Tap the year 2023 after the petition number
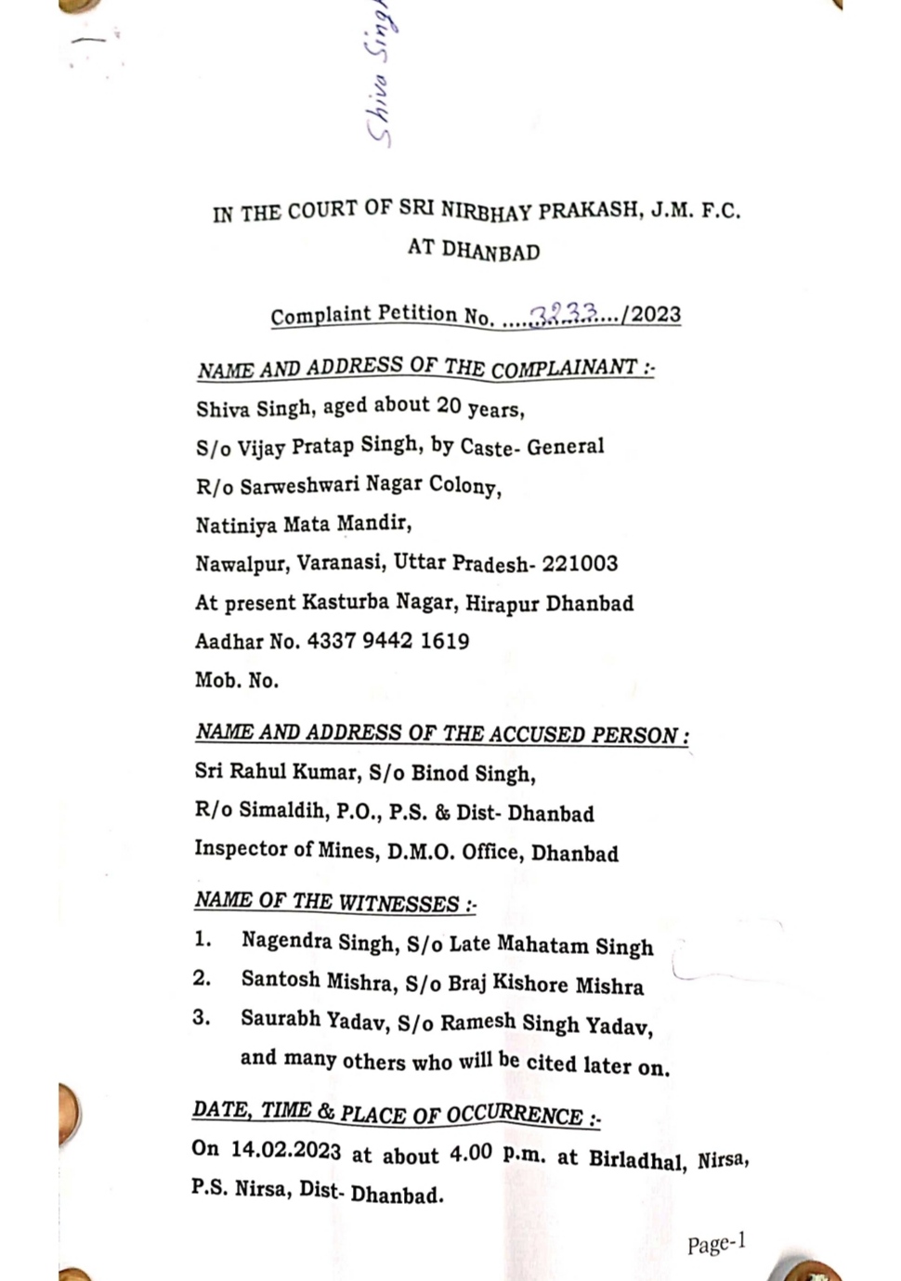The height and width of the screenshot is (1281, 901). [x=657, y=314]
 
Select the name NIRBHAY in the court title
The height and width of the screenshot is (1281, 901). [x=486, y=210]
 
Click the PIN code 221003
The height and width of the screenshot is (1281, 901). [x=580, y=563]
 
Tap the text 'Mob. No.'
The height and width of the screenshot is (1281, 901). [x=237, y=680]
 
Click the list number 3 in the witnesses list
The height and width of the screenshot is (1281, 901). [x=202, y=1017]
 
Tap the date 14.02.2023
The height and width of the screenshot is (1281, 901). [x=286, y=1150]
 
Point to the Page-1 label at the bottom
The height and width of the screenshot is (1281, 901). [x=716, y=1243]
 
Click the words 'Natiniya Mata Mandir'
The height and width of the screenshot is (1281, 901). [x=303, y=524]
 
